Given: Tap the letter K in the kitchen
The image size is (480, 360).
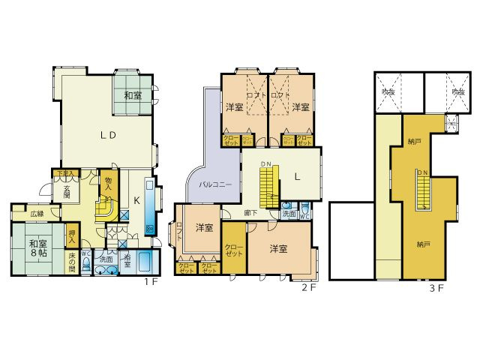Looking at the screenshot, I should pyautogui.click(x=136, y=200).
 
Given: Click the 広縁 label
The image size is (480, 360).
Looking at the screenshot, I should pyautogui.click(x=37, y=214).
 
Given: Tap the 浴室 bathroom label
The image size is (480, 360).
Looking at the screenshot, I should pyautogui.click(x=127, y=259).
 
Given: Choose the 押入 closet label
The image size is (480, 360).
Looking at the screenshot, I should pyautogui.click(x=72, y=235).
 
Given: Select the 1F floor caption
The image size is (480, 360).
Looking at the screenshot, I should pyautogui.click(x=149, y=283).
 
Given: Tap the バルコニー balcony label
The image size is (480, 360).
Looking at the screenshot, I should pyautogui.click(x=214, y=183).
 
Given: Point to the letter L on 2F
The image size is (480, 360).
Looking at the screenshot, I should pyautogui.click(x=297, y=176).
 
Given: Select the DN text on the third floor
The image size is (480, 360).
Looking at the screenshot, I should pyautogui.click(x=422, y=172).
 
